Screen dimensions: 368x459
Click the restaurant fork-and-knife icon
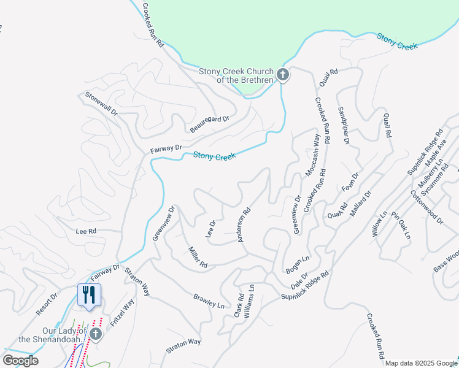pyautogui.click(x=88, y=295)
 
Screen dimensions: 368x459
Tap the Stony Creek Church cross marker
pyautogui.click(x=282, y=75)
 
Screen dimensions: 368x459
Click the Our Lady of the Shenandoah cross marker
pyautogui.click(x=95, y=333)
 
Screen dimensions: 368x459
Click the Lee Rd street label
pyautogui.click(x=86, y=231)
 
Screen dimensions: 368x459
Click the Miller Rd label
pyautogui.click(x=198, y=256)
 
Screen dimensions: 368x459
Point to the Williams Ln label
pyautogui.click(x=249, y=301)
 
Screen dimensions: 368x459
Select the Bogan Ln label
pyautogui.click(x=298, y=265)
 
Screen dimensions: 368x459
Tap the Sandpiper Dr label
pyautogui.click(x=344, y=126)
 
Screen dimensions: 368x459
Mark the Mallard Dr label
pyautogui.click(x=360, y=204)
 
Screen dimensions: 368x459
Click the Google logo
pyautogui.click(x=20, y=361)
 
